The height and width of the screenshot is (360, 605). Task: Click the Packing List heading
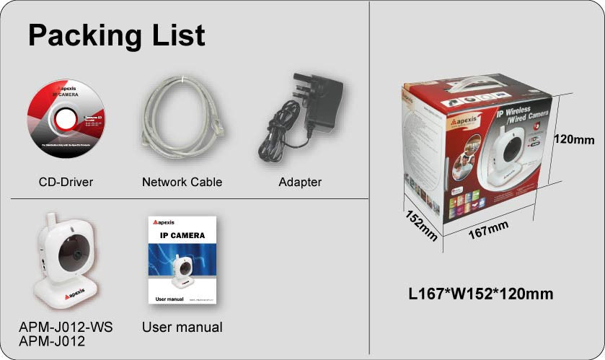[116, 35]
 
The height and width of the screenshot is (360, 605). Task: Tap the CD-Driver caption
[66, 182]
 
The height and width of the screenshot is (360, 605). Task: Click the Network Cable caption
[182, 182]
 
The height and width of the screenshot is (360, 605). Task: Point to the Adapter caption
[300, 182]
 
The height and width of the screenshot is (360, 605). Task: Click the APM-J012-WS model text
[66, 328]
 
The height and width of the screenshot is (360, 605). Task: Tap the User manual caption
[182, 328]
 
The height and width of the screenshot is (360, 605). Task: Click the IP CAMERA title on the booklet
[182, 235]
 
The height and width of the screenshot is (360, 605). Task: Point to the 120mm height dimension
[574, 139]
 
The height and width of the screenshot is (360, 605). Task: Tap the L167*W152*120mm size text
[481, 294]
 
